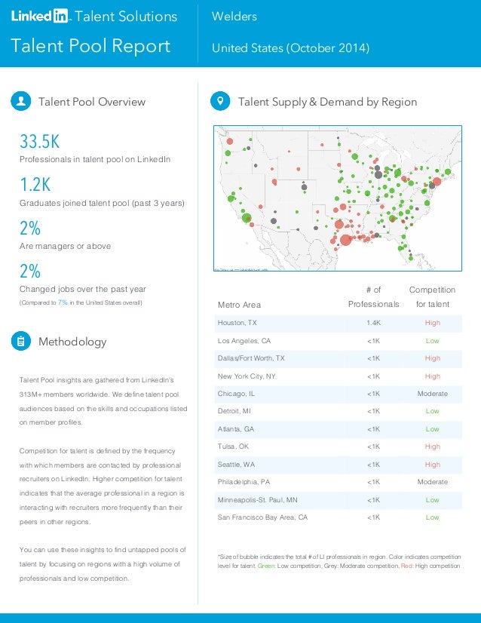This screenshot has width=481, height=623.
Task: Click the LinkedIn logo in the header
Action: pos(40,17)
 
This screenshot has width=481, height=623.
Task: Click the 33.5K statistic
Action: pos(39,142)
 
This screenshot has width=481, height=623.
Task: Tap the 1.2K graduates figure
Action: pos(35,186)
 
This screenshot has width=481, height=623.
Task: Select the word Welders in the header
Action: pos(234,17)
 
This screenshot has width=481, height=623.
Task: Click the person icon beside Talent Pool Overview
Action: pos(20,101)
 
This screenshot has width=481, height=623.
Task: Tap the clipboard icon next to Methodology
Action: pos(20,341)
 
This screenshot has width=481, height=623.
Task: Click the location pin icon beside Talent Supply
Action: pos(220,101)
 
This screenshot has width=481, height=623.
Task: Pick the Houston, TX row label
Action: pos(237,323)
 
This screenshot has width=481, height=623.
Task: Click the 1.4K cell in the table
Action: pos(373,323)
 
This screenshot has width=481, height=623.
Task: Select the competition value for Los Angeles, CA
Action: pos(432,341)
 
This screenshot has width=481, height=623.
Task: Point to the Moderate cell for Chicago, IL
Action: pos(432,394)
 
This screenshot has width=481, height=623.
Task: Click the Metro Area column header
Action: pos(239,305)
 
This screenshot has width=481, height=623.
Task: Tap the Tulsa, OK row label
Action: pos(234,447)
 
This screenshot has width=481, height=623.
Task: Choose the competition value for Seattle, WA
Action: pos(432,465)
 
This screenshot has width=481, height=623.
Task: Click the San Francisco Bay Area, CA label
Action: pos(262,517)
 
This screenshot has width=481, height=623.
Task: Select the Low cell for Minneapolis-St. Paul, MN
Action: pos(432,500)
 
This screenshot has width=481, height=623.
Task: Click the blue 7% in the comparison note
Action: pos(63,302)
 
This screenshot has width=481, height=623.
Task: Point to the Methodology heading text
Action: pos(72,342)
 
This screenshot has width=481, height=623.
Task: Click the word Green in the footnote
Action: pos(268,566)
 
